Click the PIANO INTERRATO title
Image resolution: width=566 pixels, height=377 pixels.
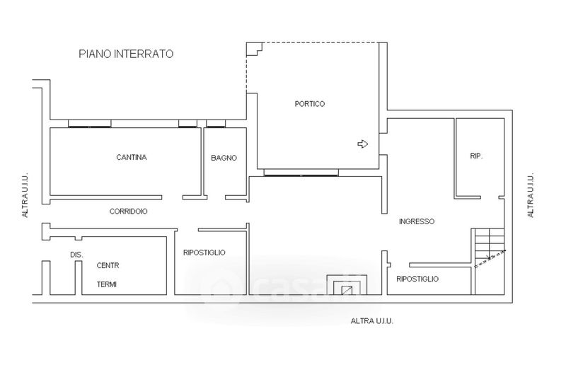[126, 54]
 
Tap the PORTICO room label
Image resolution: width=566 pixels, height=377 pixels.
[310, 104]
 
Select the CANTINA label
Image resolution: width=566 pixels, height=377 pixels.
[132, 157]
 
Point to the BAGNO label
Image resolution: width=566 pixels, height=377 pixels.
[224, 158]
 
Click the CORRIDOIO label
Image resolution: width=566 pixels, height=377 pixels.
[128, 211]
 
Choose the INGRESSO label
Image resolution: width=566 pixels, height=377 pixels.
[417, 221]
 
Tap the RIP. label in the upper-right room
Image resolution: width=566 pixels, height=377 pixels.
[476, 156]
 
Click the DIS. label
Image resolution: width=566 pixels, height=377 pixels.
[76, 255]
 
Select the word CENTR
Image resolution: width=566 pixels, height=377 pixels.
[108, 265]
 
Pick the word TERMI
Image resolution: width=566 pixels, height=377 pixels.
[107, 284]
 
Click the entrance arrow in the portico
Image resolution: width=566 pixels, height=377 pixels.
[362, 144]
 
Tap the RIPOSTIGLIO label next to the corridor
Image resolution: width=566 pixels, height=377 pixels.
[204, 253]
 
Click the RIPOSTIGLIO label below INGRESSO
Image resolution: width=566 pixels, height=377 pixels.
[417, 279]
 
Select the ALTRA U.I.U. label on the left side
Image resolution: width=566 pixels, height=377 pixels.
[25, 195]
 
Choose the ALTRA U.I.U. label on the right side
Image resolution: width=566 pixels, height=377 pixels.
[530, 195]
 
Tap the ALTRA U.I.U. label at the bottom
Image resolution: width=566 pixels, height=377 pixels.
[372, 320]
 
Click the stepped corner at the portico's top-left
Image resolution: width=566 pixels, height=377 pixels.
[254, 49]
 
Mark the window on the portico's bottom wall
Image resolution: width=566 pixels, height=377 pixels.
[301, 173]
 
